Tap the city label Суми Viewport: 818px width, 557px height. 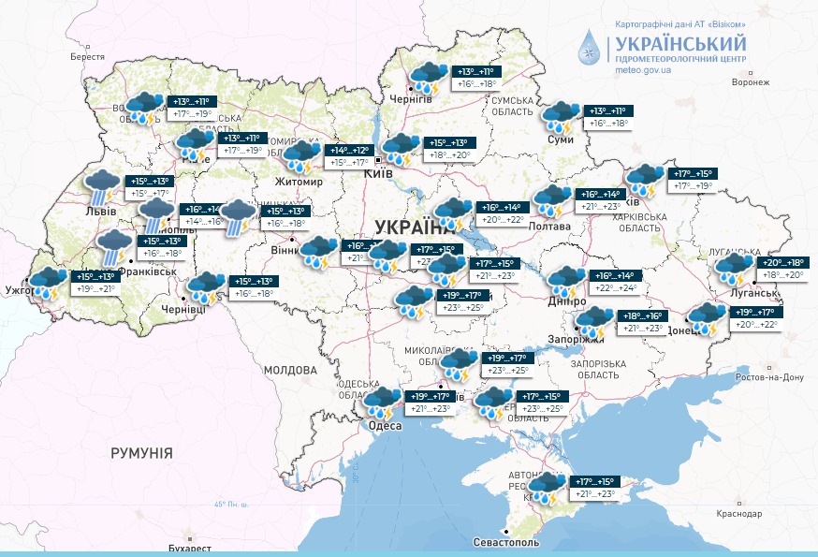point(561,139)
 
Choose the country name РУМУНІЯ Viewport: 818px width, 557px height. point(141,453)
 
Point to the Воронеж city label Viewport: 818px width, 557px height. point(750,82)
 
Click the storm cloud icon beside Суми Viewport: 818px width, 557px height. point(561,117)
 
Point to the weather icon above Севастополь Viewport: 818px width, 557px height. point(545,488)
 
